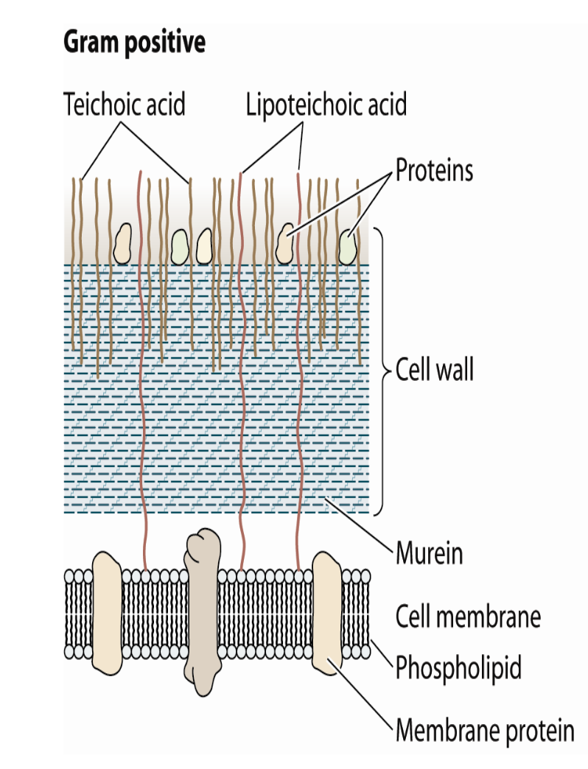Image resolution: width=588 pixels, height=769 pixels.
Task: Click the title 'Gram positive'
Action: point(134,43)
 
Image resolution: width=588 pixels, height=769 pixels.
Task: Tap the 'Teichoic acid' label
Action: point(124,105)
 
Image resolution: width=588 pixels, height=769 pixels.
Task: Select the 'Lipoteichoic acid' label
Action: point(326,105)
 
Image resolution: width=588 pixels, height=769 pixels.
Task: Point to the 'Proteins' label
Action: point(434,171)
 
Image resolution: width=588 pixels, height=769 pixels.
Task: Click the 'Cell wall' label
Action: point(435,369)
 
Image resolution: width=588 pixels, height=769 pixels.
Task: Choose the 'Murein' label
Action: point(430,552)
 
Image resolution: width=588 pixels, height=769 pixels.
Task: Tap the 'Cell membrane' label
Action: point(468,616)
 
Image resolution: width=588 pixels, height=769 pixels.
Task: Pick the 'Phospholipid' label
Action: point(458,668)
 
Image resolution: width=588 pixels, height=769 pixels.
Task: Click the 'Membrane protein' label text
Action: point(484,731)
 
